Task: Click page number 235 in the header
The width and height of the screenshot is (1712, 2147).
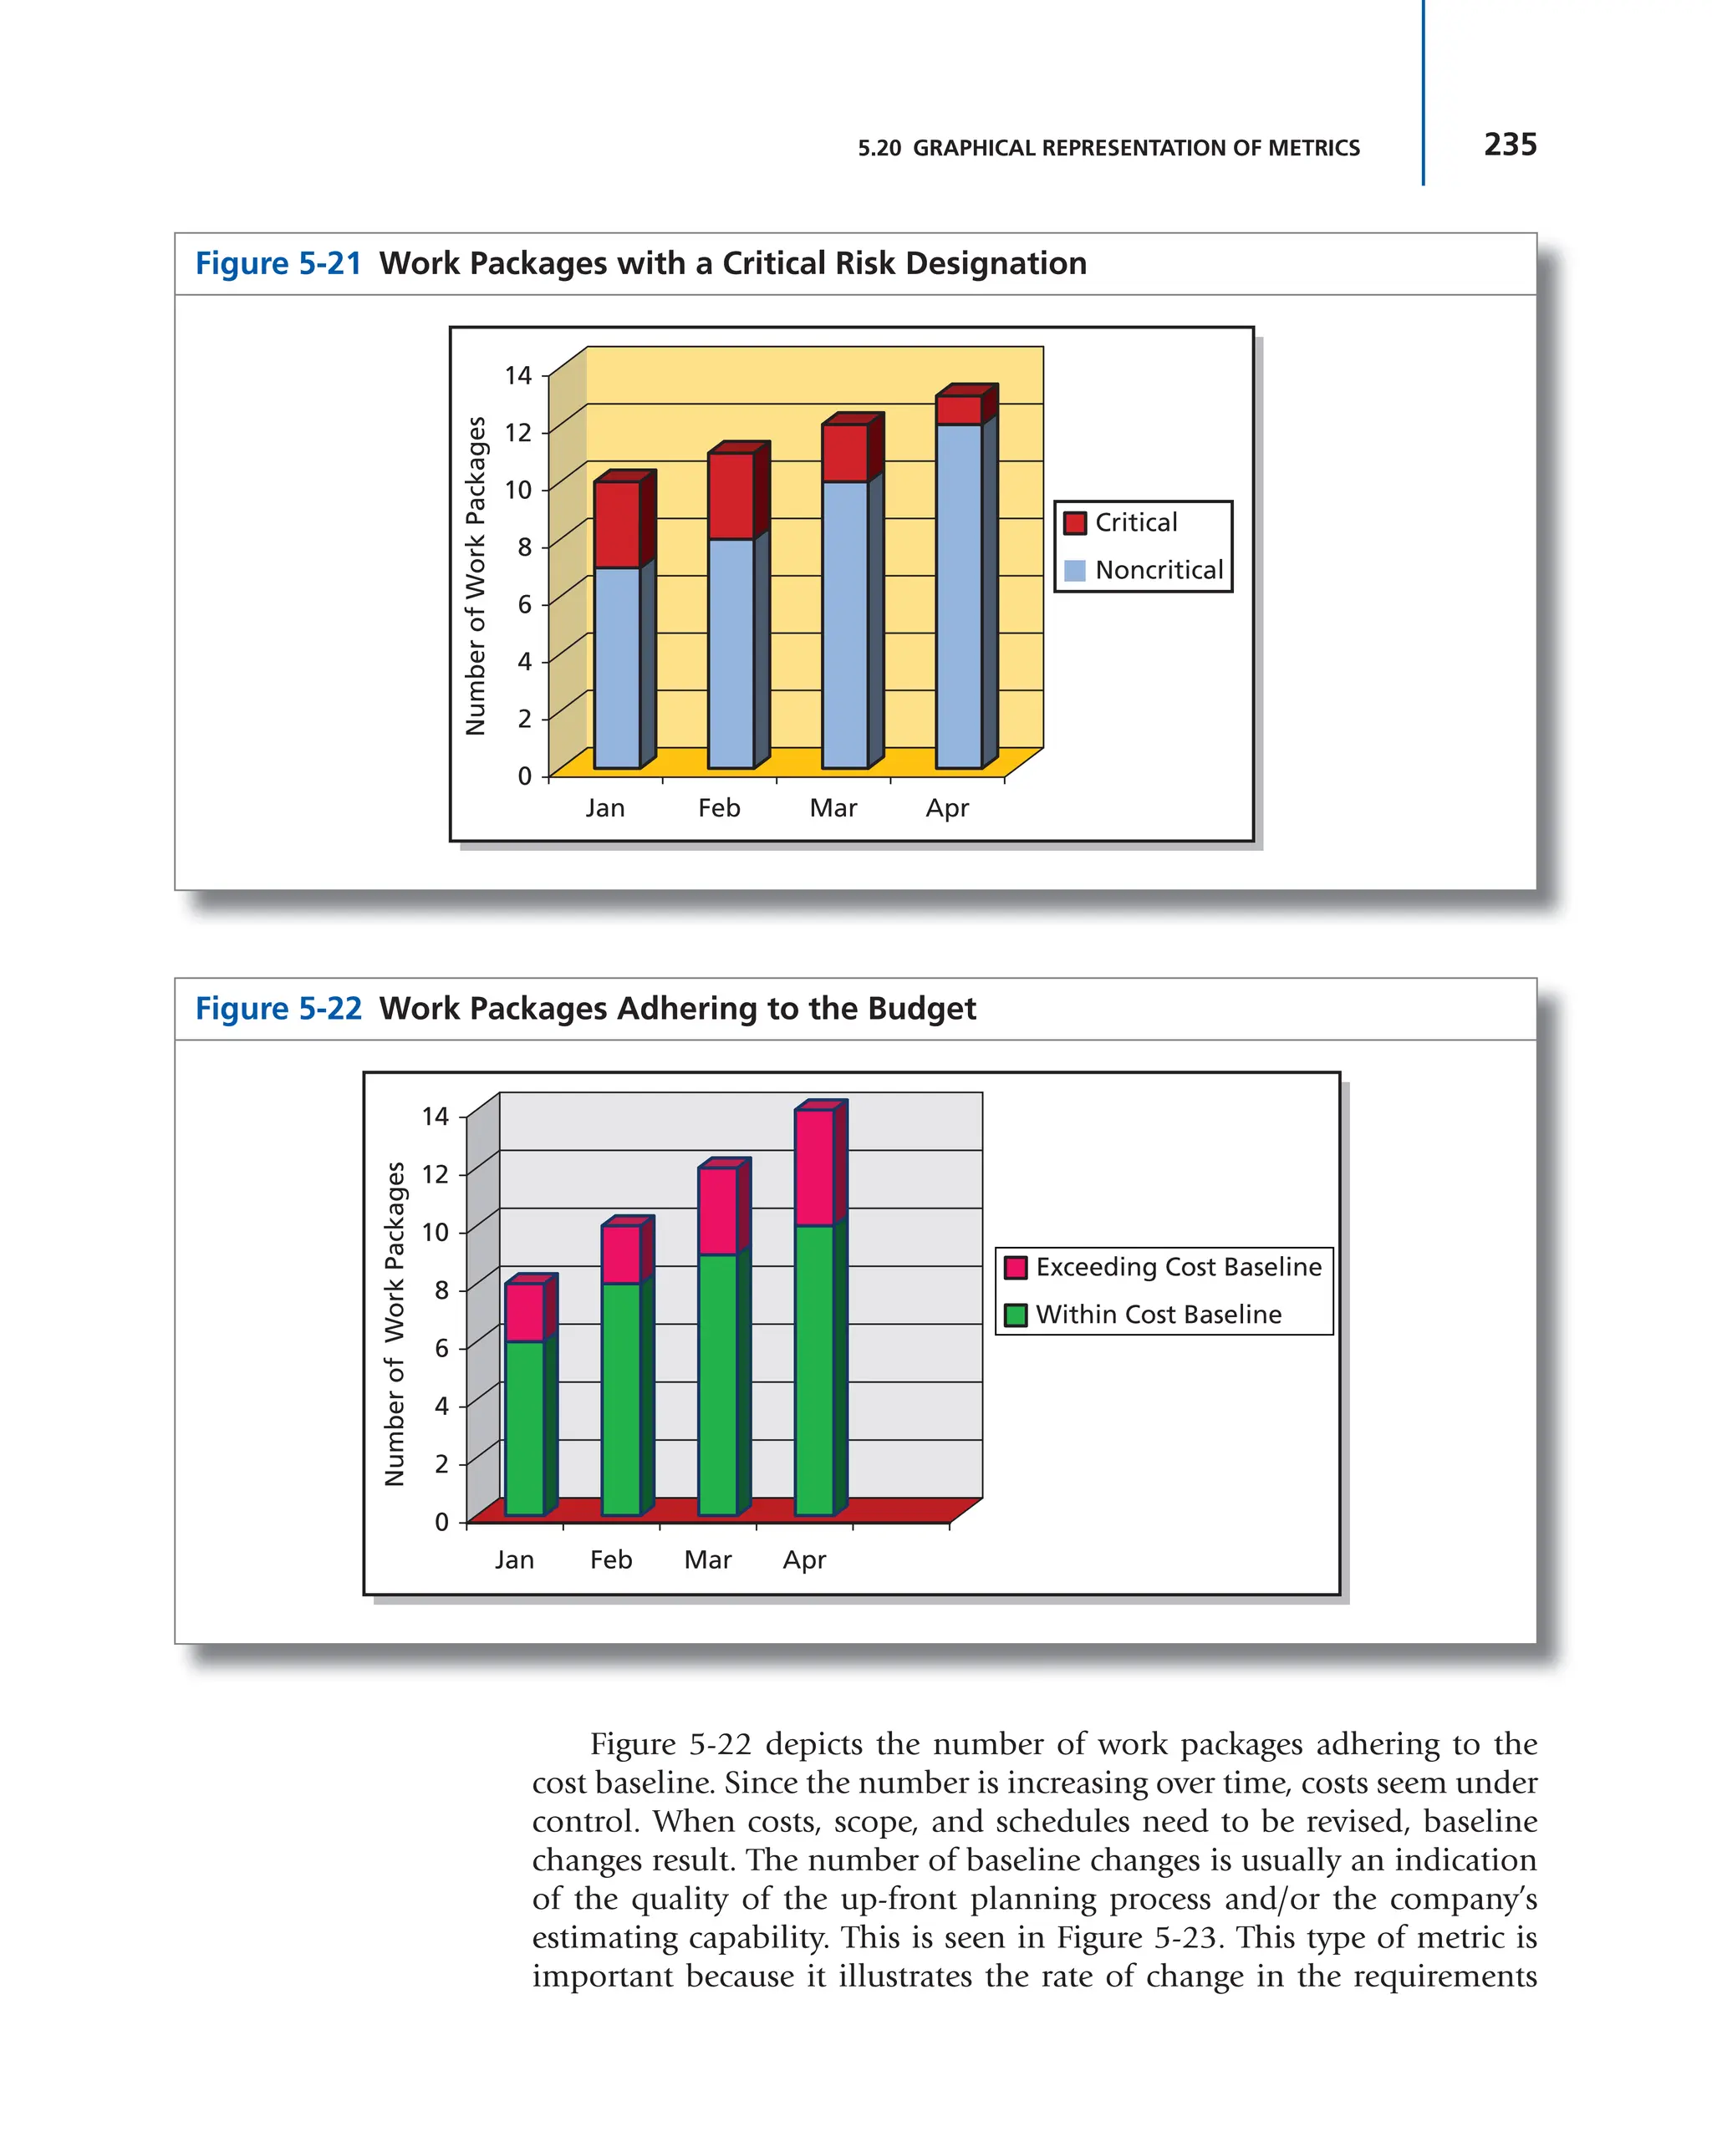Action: [x=1509, y=145]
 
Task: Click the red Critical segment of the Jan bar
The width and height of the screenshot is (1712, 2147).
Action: [x=616, y=525]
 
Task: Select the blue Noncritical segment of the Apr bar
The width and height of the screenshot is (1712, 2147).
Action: [x=958, y=596]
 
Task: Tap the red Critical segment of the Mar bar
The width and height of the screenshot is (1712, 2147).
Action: [x=843, y=453]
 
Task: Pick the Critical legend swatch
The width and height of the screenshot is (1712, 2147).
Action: [x=1075, y=523]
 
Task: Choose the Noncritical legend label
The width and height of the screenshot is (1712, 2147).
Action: [x=1159, y=571]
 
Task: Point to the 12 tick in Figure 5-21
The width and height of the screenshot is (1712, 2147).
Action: [x=518, y=432]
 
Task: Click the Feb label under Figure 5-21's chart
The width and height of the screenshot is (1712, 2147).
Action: [x=718, y=807]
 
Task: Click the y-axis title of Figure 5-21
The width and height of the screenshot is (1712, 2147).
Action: [x=476, y=576]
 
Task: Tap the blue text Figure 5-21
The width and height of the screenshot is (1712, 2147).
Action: [x=278, y=264]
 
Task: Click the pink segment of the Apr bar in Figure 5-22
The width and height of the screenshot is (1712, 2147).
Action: [x=813, y=1168]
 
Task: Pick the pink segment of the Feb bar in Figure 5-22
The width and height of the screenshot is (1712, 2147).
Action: [x=620, y=1254]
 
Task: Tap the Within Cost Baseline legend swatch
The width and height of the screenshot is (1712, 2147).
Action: [x=1015, y=1315]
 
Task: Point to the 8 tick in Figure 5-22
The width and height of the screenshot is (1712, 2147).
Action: [x=441, y=1290]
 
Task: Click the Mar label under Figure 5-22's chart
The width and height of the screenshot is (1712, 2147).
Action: [x=707, y=1559]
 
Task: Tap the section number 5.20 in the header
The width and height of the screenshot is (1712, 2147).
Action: [x=879, y=149]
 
